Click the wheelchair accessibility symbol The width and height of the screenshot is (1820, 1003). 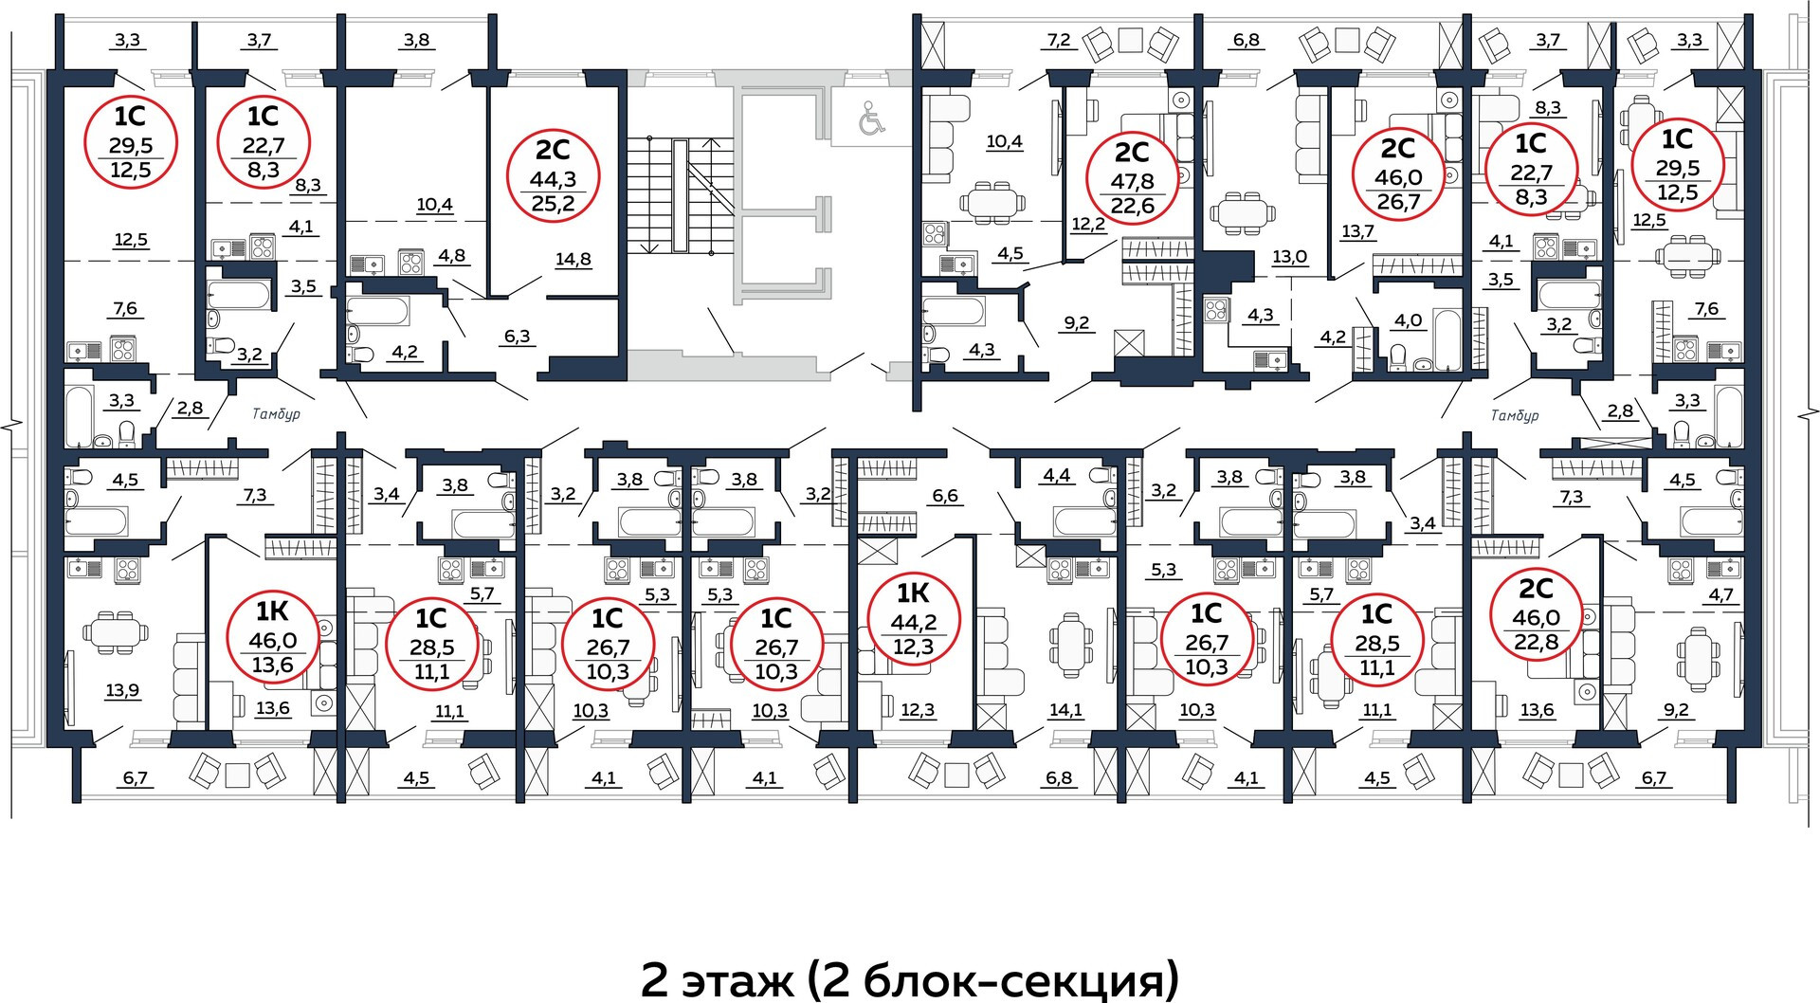pyautogui.click(x=870, y=118)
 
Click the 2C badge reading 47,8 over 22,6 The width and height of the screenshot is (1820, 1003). pyautogui.click(x=1132, y=179)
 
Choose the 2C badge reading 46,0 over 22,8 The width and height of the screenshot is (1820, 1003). pyautogui.click(x=1537, y=616)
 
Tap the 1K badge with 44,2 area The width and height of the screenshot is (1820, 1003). pyautogui.click(x=912, y=620)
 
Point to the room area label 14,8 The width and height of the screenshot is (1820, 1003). pyautogui.click(x=573, y=260)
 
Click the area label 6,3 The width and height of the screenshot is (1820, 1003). pyautogui.click(x=518, y=336)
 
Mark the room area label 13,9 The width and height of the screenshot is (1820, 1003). pyautogui.click(x=122, y=690)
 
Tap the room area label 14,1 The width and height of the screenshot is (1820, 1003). pyautogui.click(x=1066, y=709)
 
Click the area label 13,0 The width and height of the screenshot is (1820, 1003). pyautogui.click(x=1289, y=257)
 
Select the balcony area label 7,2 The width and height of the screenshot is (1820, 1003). pyautogui.click(x=1059, y=40)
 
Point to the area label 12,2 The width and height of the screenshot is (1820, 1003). pyautogui.click(x=1088, y=224)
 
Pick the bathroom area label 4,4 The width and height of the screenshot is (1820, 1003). pyautogui.click(x=1056, y=475)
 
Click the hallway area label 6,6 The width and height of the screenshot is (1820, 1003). pyautogui.click(x=945, y=495)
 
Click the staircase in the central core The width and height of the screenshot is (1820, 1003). pyautogui.click(x=681, y=194)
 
